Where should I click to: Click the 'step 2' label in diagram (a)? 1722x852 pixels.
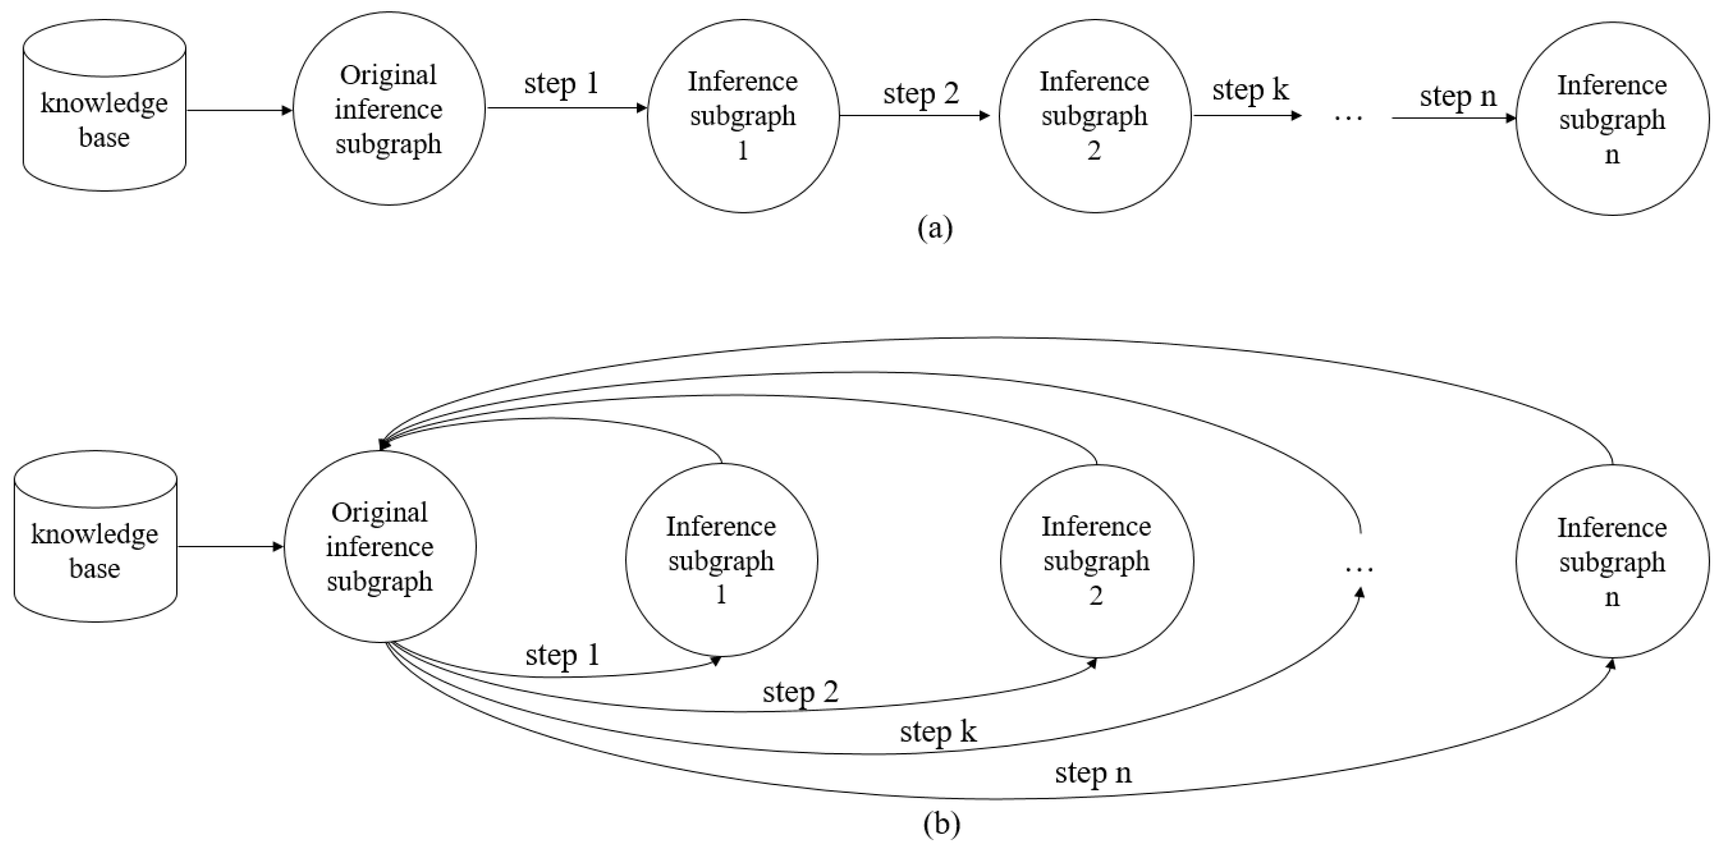(x=921, y=94)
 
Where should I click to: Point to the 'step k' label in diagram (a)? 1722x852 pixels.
(x=1250, y=90)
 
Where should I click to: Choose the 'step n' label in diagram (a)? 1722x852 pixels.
(x=1457, y=97)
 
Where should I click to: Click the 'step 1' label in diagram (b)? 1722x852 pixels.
(x=562, y=656)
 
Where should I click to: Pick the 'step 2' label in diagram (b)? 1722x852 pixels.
(x=800, y=692)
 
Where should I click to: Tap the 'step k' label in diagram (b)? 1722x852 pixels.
(x=938, y=732)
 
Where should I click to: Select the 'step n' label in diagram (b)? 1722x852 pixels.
(x=1093, y=774)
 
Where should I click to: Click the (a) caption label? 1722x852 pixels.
(x=935, y=228)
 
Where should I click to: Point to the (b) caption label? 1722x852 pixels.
(x=941, y=824)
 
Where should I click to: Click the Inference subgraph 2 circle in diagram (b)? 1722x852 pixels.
(x=1097, y=561)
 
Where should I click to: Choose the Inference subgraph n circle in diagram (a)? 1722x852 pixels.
(x=1612, y=119)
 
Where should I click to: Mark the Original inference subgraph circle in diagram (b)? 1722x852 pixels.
(x=380, y=547)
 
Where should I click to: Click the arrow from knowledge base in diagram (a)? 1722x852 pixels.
(x=238, y=110)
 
